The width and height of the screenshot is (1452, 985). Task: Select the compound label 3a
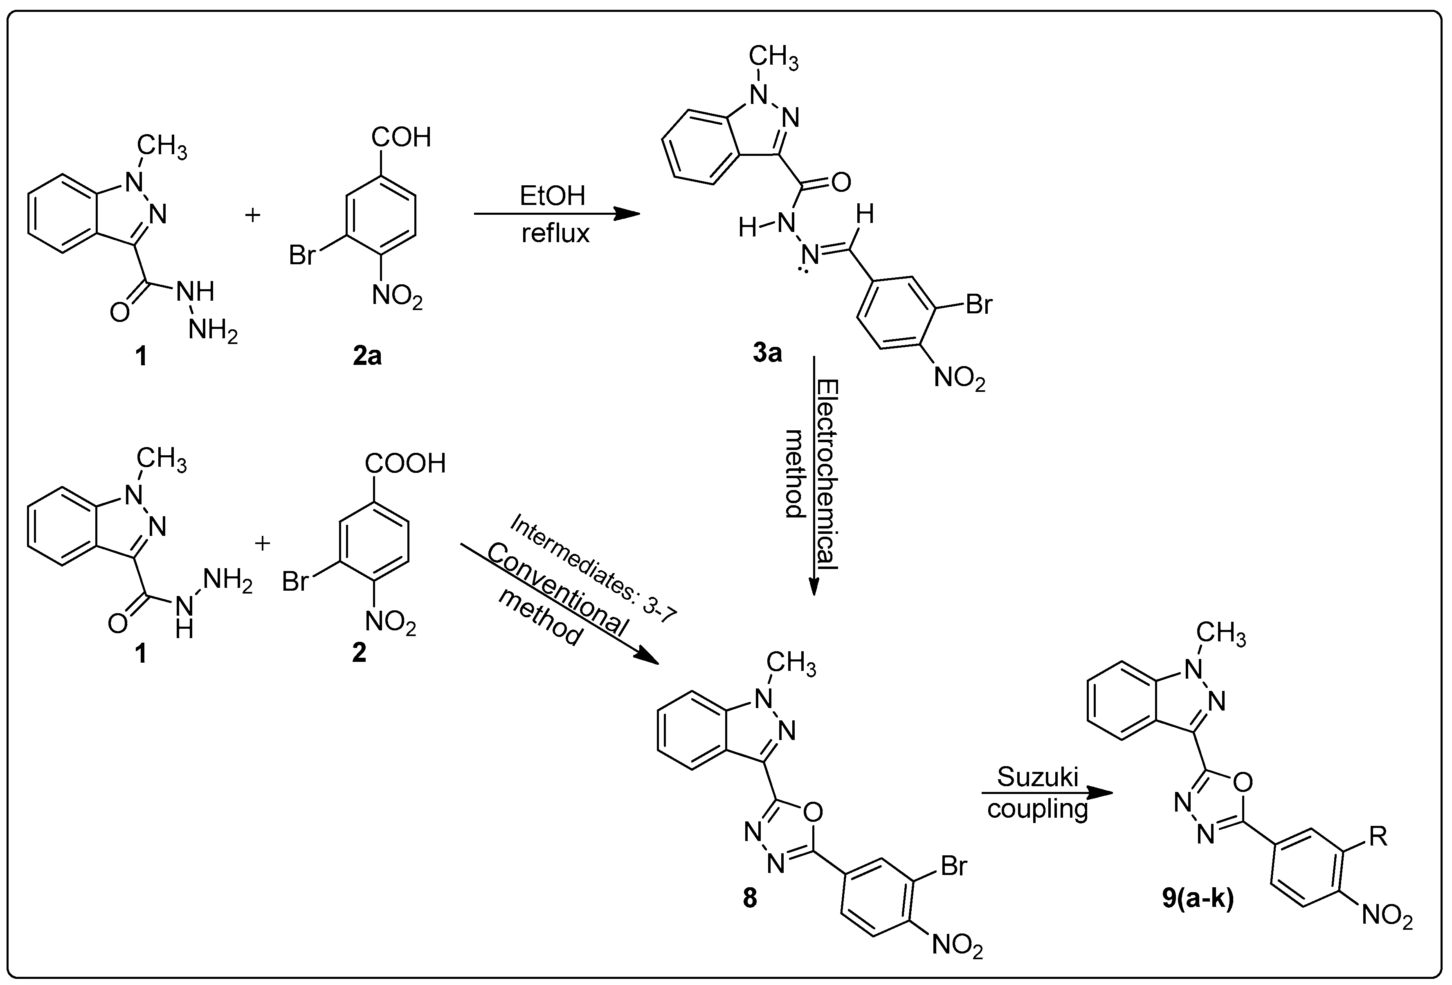(767, 353)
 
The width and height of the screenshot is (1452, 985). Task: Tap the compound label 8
(750, 898)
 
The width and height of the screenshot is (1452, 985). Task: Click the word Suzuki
(1038, 777)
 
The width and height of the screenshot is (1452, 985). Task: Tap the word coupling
(1038, 809)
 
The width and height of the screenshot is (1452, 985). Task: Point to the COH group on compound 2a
(401, 137)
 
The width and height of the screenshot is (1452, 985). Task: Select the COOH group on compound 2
(405, 464)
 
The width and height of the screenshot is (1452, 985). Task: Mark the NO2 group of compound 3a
(960, 379)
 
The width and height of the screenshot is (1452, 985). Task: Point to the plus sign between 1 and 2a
(252, 215)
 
